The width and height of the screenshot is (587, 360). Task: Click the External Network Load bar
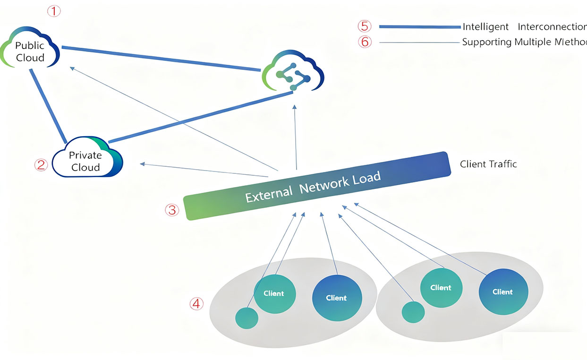316,186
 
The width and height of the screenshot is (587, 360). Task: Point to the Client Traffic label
488,164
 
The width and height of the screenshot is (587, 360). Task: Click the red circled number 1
55,11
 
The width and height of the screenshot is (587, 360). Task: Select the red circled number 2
41,164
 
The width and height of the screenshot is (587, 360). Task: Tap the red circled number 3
171,210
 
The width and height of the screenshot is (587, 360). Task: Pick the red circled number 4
196,304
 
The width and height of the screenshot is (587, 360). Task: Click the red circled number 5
365,26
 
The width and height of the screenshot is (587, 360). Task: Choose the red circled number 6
365,42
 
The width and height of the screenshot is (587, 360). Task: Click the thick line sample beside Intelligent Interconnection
419,27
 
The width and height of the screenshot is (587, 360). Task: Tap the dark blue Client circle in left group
337,298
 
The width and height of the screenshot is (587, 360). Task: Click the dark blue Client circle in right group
503,291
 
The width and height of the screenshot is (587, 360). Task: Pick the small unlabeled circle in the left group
247,317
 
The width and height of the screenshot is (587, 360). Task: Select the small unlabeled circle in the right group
413,312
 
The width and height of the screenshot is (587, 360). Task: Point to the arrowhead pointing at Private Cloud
142,164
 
